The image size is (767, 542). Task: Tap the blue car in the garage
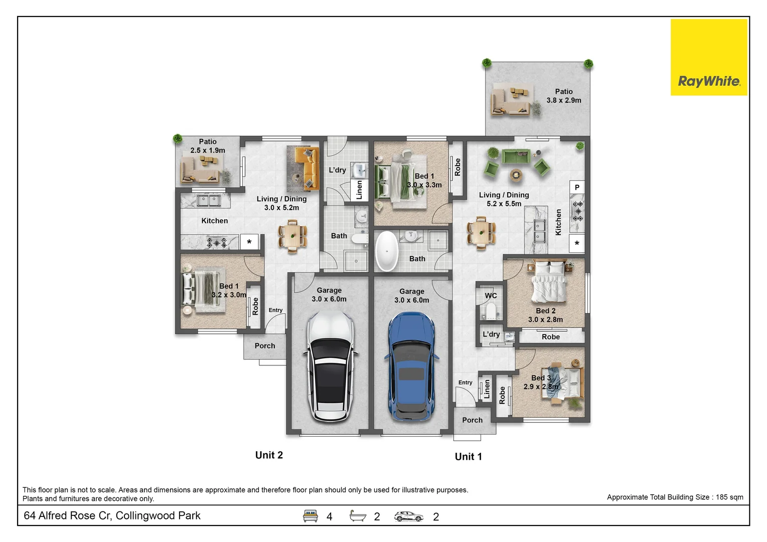click(411, 366)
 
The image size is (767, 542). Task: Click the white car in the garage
click(330, 366)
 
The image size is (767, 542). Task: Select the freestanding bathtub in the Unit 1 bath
click(387, 251)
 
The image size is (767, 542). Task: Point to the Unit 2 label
click(269, 455)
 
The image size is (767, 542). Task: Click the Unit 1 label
click(468, 457)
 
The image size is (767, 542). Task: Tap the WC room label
click(491, 296)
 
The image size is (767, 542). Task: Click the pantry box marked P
click(577, 187)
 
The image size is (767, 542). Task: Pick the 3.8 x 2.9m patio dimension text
click(564, 100)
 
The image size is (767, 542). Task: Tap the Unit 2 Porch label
click(264, 346)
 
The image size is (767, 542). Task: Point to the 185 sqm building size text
click(675, 497)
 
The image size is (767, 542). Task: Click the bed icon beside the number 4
click(311, 516)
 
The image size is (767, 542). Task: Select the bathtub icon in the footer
click(358, 516)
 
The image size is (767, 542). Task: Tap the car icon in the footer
click(408, 516)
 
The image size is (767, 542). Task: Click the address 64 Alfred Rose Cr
click(112, 516)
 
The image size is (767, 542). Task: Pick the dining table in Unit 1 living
click(481, 233)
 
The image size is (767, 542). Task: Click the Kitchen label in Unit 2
click(214, 221)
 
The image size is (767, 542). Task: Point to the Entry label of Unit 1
click(465, 382)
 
